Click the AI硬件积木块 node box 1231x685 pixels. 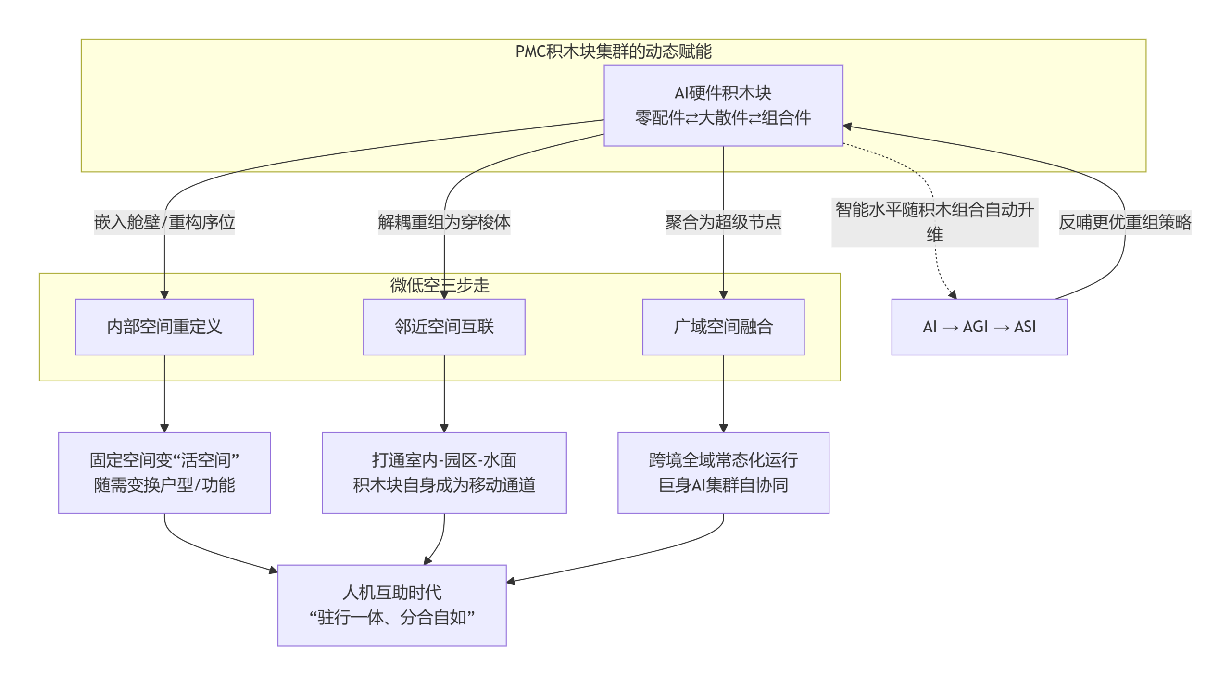pos(723,105)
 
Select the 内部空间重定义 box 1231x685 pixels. pos(164,327)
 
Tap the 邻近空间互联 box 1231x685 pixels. pos(444,327)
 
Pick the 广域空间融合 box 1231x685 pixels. pos(723,327)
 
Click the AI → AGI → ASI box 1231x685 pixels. pos(980,327)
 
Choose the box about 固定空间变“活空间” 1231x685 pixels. pos(164,473)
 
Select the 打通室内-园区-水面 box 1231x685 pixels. pos(444,473)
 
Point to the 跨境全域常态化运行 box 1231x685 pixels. pos(723,473)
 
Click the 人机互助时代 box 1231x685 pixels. pos(392,605)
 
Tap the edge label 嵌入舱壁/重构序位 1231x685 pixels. pos(164,222)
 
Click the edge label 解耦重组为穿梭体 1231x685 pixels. pos(444,222)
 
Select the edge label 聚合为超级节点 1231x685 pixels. pos(723,222)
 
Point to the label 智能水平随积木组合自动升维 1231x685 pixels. pos(935,222)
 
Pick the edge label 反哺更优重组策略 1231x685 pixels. pos(1125,222)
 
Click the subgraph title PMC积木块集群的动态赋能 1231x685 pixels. pos(614,51)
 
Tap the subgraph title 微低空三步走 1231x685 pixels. pos(440,285)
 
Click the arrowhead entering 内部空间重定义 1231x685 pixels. pos(164,295)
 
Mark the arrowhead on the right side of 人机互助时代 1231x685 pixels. pos(511,581)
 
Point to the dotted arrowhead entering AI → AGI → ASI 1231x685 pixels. pos(953,294)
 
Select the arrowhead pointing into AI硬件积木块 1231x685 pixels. pos(847,126)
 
